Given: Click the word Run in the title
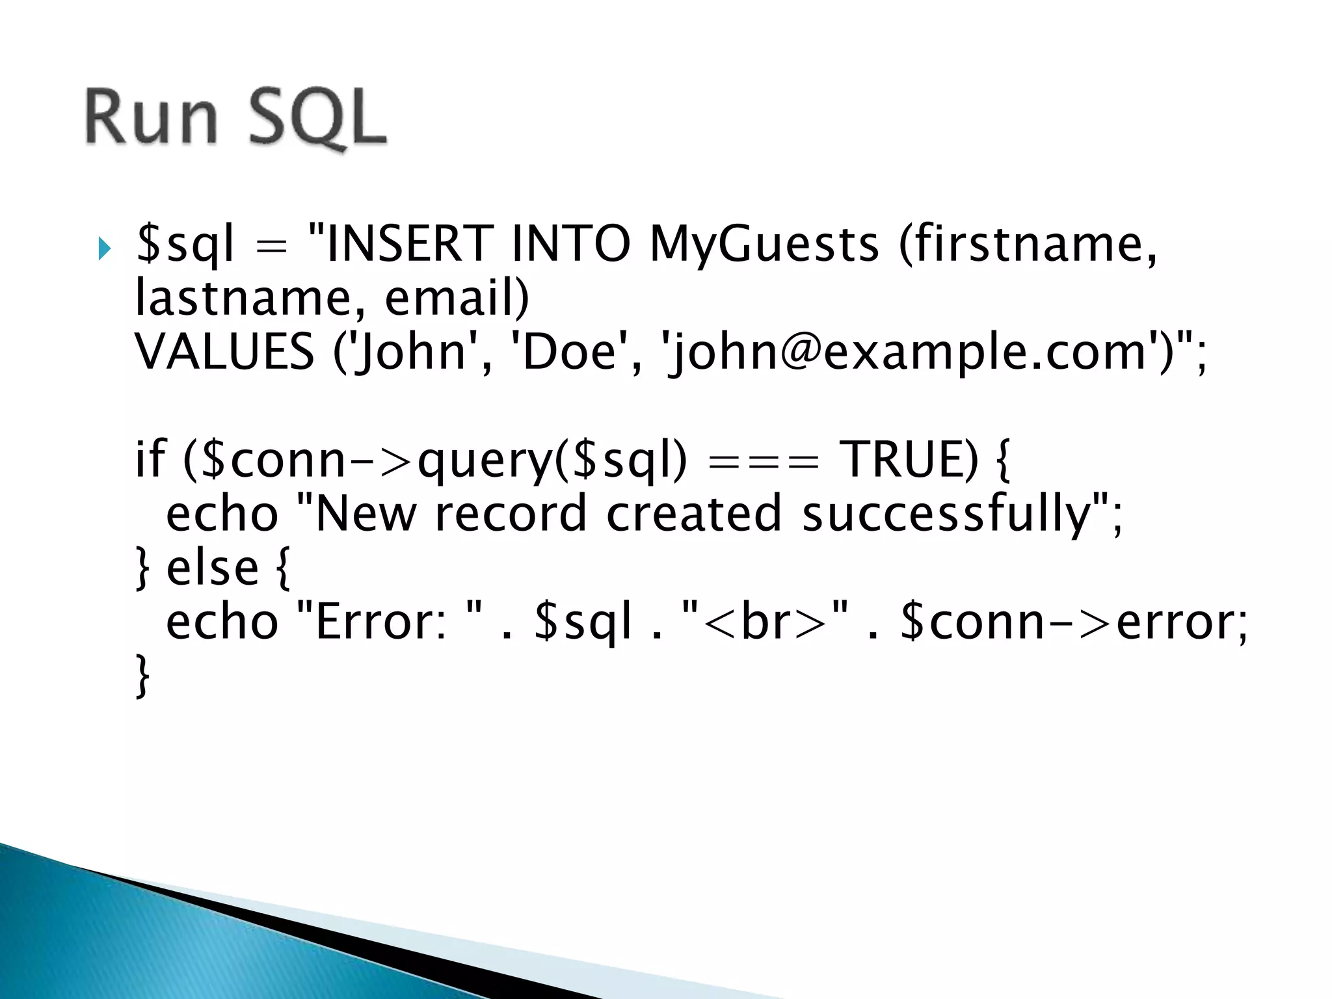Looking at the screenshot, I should pos(151,117).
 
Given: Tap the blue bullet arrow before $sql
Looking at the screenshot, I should pos(104,248).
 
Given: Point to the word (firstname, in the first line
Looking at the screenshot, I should pos(1028,245).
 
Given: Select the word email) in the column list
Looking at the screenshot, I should pos(457,298).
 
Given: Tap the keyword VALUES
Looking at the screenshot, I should pos(225,352).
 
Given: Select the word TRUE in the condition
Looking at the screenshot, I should pos(909,460).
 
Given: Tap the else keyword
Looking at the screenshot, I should pos(213,568).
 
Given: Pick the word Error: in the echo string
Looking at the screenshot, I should pos(380,622).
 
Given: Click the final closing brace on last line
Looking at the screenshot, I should pos(142,676).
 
